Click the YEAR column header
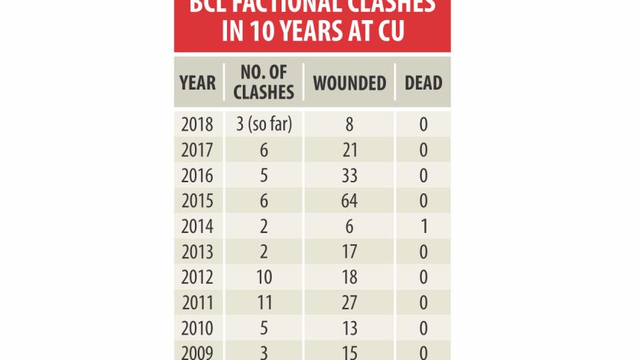point(198,82)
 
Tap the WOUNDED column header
point(349,82)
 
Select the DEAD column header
point(423,82)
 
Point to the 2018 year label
point(198,124)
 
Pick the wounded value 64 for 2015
point(348,201)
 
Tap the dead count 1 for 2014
point(423,226)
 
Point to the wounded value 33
point(348,176)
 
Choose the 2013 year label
point(198,252)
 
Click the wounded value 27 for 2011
point(348,302)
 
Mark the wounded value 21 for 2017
point(348,150)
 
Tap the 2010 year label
point(198,328)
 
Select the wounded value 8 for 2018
point(348,124)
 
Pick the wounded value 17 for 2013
point(348,252)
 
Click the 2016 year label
point(198,176)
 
